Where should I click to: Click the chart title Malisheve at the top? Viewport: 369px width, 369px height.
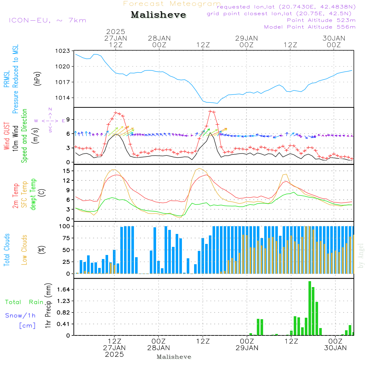158,15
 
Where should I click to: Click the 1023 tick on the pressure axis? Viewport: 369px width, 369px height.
63,51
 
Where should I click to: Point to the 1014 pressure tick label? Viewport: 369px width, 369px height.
63,98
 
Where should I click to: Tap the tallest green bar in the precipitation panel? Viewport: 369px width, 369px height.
310,308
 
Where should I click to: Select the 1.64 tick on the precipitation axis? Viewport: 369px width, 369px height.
64,289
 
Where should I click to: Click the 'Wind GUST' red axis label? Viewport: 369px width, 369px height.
7,136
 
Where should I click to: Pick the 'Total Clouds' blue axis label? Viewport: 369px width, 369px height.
7,250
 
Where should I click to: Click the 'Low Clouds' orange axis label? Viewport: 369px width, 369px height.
24,250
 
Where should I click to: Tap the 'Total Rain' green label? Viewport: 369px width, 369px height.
24,302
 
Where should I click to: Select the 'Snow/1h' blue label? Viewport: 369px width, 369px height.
20,315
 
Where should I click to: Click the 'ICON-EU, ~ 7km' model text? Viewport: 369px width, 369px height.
48,20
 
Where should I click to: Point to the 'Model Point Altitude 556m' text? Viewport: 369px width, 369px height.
310,27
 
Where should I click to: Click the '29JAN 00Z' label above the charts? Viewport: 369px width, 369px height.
246,42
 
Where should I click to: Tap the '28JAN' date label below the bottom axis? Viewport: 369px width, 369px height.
159,348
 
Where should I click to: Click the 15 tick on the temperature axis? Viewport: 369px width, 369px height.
67,171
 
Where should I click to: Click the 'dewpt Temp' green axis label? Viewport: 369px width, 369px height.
33,194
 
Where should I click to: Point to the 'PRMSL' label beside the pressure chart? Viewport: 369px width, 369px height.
7,79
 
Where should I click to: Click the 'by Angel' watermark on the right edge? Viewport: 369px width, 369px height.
361,256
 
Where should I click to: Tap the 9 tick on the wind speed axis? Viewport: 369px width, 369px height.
68,120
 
